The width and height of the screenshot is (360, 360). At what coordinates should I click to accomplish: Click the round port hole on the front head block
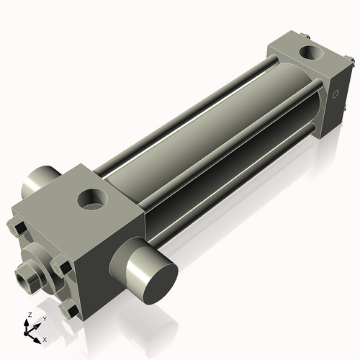tap(93, 199)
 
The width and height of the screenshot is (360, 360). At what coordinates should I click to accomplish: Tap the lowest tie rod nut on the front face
tap(71, 310)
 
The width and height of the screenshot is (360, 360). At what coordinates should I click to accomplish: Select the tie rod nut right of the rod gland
tap(63, 267)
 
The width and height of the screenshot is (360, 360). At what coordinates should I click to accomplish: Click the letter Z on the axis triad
tap(29, 315)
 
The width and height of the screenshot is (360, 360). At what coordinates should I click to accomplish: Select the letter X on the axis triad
tap(45, 338)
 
